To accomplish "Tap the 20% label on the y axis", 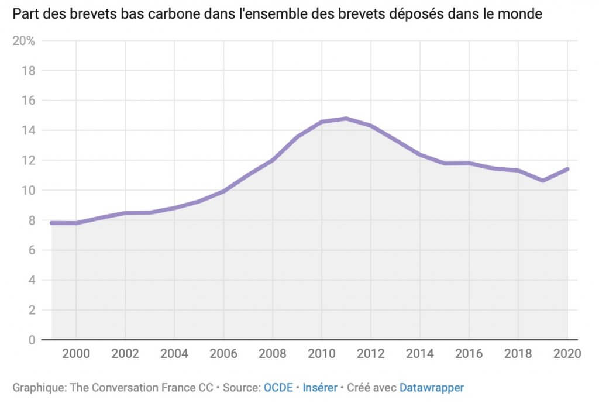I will (x=25, y=41).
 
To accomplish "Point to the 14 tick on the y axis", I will (x=29, y=130).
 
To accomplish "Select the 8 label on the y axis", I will (x=32, y=220).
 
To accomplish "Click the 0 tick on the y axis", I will (x=32, y=340).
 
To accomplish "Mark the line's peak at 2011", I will (x=346, y=119).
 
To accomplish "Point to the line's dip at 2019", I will (x=543, y=181).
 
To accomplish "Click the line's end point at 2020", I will (x=567, y=169).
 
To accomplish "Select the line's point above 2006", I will (x=223, y=191).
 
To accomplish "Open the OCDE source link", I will (x=278, y=387).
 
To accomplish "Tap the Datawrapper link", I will (x=432, y=387).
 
